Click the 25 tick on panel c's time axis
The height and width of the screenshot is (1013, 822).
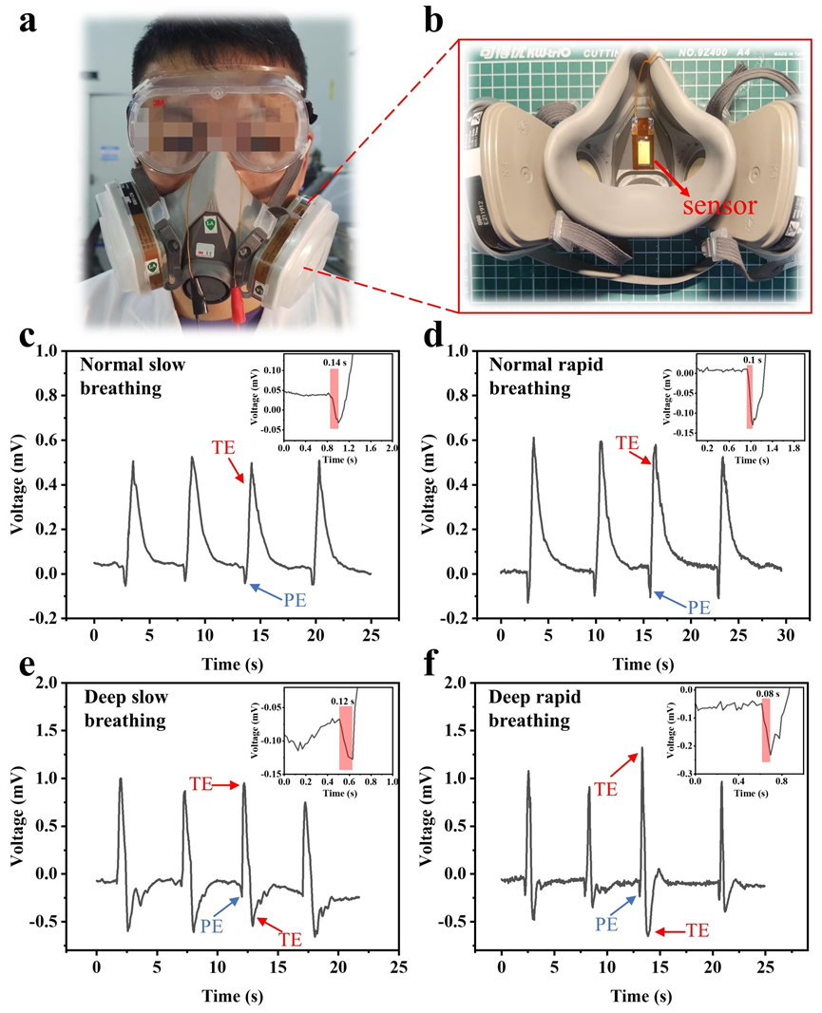pyautogui.click(x=370, y=633)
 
